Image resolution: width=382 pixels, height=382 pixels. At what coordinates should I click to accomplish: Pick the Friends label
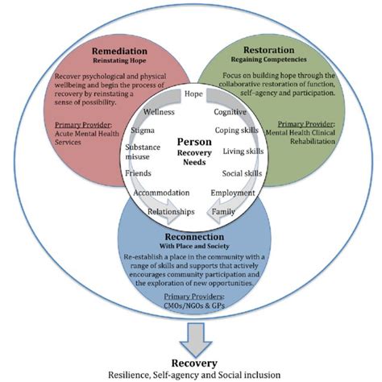point(139,173)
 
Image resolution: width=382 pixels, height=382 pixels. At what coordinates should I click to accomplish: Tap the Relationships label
point(171,211)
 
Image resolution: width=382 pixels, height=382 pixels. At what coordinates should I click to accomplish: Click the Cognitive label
point(230,111)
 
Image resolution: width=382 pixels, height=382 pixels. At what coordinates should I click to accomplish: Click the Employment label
point(233,193)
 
